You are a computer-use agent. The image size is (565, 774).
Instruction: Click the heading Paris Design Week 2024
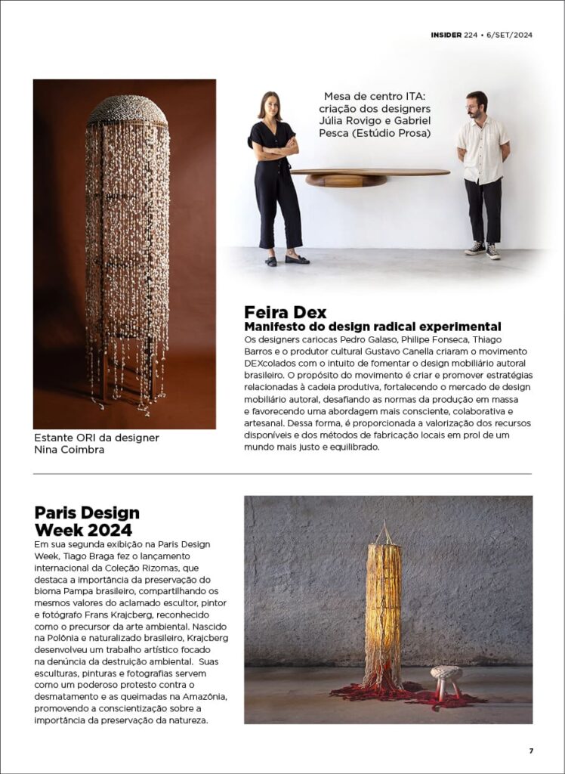pyautogui.click(x=87, y=521)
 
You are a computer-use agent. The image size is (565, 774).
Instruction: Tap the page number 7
pyautogui.click(x=531, y=751)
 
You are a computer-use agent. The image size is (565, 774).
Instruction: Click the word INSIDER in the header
pyautogui.click(x=446, y=35)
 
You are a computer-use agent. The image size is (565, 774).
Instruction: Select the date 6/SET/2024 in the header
pyautogui.click(x=507, y=35)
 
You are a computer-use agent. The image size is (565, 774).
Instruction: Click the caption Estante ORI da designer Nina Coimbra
pyautogui.click(x=97, y=444)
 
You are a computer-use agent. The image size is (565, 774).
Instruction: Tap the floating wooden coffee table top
pyautogui.click(x=370, y=172)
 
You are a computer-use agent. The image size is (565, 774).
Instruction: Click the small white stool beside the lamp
pyautogui.click(x=446, y=675)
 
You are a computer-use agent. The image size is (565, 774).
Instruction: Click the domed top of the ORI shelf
pyautogui.click(x=127, y=111)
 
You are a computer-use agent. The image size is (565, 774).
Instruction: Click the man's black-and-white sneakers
pyautogui.click(x=483, y=250)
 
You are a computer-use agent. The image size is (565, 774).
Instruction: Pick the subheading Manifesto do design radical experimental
pyautogui.click(x=372, y=327)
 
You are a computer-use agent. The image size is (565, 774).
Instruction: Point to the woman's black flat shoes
pyautogui.click(x=287, y=259)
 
